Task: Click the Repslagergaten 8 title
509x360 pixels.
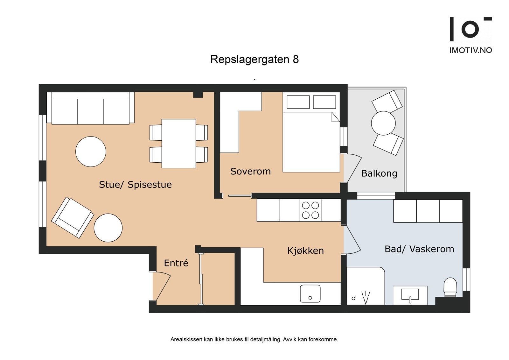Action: pos(254,60)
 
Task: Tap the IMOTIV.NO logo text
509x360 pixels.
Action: pos(471,50)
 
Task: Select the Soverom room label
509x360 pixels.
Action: pos(250,172)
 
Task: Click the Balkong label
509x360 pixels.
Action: pos(379,173)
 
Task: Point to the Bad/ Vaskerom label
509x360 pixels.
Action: pos(419,249)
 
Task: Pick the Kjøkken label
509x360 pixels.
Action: pos(305,251)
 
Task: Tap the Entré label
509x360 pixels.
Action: pos(176,263)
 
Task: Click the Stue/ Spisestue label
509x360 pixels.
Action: pos(135,185)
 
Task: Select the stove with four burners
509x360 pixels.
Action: pos(310,210)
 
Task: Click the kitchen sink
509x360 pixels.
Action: pos(310,294)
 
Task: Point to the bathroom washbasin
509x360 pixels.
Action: pos(410,295)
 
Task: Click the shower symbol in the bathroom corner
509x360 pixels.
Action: pos(366,298)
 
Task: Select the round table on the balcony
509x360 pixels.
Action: pos(383,123)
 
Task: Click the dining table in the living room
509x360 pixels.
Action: pos(178,144)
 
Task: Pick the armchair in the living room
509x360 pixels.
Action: pos(73,217)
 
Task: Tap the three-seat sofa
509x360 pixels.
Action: pos(90,109)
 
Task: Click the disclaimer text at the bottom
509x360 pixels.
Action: pos(254,339)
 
